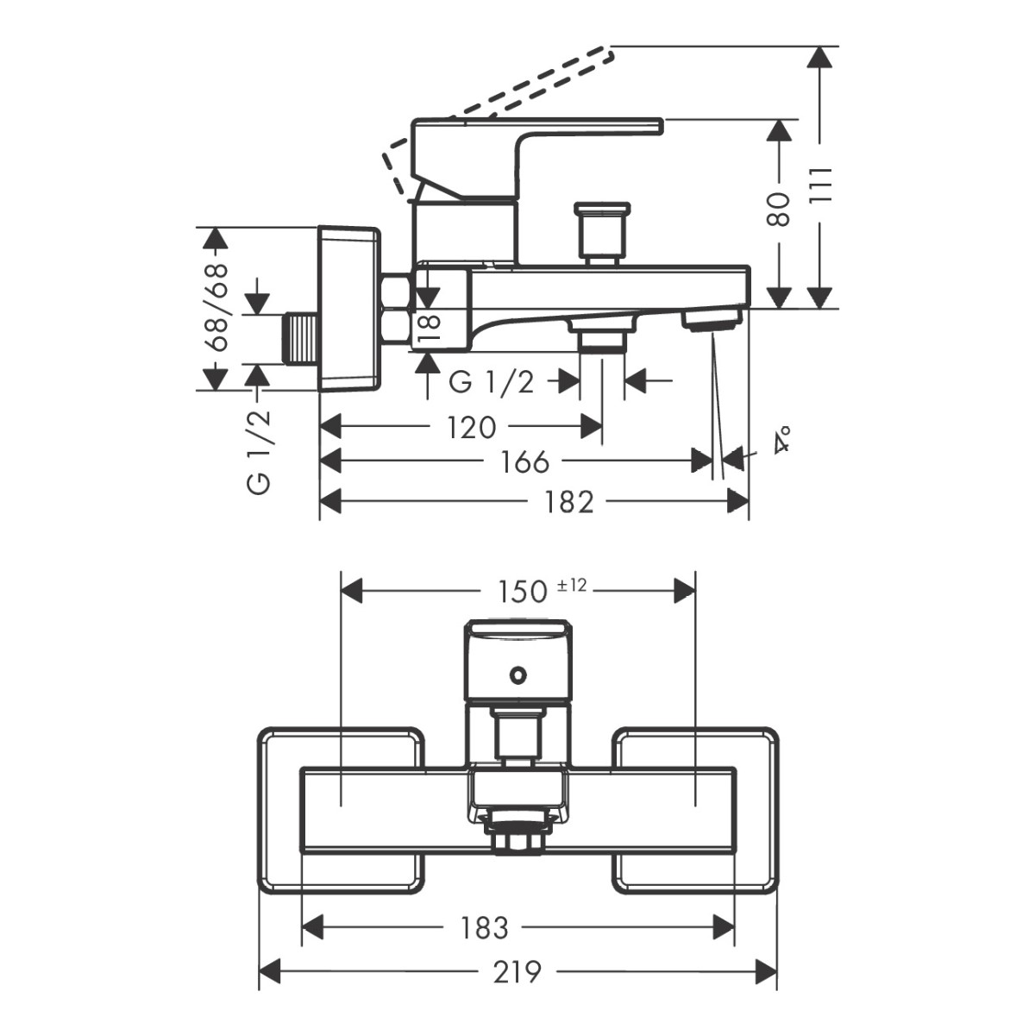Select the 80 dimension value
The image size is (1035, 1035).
click(779, 210)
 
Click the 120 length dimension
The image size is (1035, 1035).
click(473, 426)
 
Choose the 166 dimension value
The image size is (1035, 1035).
click(524, 461)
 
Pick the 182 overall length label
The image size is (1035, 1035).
click(569, 501)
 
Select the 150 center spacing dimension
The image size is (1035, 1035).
click(523, 591)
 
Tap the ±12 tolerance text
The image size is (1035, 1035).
click(572, 586)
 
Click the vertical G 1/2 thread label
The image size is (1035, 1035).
click(260, 451)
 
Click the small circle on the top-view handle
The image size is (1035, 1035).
click(517, 674)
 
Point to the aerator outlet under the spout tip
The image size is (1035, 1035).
click(712, 321)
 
